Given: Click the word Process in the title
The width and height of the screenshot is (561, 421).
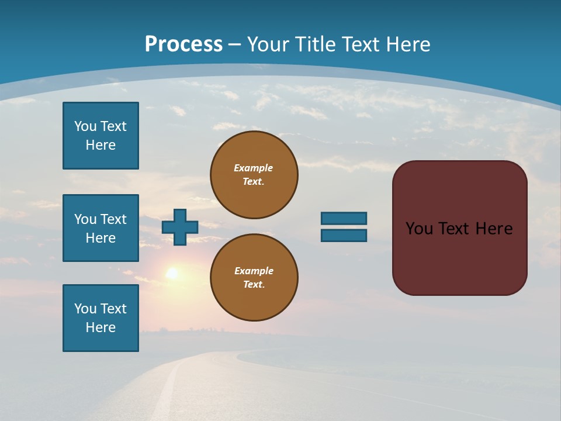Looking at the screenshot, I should [183, 44].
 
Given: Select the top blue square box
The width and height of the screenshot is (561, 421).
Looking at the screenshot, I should [101, 136].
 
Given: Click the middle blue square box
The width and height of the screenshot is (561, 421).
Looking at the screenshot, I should [101, 228].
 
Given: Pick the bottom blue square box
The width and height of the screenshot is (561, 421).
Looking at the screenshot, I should [101, 318].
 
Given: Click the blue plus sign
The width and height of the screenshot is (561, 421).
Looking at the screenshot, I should [180, 227].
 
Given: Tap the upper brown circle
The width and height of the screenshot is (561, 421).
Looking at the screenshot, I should [254, 175].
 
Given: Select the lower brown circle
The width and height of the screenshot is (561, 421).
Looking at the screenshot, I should [254, 277].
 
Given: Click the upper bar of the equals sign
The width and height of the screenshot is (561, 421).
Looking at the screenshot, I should [344, 218].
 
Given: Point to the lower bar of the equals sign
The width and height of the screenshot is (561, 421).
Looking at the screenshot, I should [344, 236].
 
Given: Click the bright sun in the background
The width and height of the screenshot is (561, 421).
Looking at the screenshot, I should [172, 273].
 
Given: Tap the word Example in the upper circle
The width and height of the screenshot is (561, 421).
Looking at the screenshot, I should [253, 168].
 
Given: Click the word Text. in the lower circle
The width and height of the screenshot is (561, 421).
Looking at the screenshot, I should [254, 284].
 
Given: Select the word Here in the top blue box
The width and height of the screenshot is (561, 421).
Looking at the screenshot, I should [101, 145].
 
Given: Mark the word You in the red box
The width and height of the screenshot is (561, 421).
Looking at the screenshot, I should [420, 229].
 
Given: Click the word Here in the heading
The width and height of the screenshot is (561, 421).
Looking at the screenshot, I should [410, 44].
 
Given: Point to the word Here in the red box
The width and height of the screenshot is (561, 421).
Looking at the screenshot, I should [494, 229].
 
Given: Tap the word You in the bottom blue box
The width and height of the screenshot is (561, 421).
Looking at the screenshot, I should [85, 309].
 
